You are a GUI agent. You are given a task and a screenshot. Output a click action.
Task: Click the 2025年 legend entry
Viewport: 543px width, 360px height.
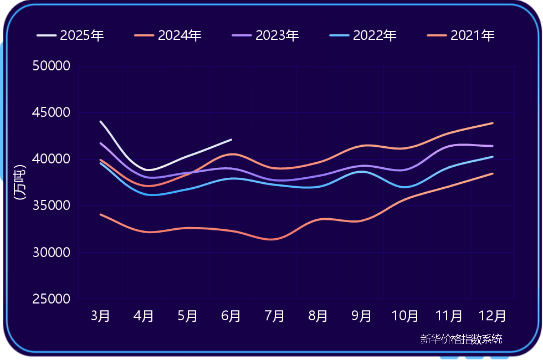(71, 36)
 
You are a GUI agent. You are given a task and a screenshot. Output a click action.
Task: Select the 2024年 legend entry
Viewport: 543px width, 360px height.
(168, 36)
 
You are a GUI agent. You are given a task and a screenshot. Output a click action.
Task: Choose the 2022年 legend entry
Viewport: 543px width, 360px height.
(363, 36)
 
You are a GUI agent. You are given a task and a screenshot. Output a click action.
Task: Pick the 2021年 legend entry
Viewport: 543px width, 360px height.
(461, 36)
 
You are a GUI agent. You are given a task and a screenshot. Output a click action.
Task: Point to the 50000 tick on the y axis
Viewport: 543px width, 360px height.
(52, 66)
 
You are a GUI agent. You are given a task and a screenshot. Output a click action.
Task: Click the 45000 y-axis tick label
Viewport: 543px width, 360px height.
(52, 113)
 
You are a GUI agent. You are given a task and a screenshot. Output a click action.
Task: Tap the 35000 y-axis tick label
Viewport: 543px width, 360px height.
(52, 206)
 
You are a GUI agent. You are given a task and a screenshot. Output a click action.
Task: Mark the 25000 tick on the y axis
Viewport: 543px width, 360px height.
(52, 299)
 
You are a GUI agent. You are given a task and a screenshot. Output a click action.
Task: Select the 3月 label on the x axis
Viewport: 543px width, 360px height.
(100, 316)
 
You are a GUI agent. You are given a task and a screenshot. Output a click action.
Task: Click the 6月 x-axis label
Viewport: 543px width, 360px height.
(231, 316)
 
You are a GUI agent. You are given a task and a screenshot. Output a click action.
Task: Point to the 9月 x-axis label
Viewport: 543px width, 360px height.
(362, 316)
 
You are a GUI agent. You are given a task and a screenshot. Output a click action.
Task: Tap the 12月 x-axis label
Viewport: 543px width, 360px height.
(493, 316)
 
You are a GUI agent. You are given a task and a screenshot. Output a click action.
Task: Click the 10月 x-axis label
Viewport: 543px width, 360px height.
(405, 316)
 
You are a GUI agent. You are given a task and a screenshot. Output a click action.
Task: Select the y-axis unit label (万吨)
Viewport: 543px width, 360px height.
(20, 183)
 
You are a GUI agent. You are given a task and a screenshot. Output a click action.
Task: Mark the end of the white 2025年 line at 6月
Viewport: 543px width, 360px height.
(231, 140)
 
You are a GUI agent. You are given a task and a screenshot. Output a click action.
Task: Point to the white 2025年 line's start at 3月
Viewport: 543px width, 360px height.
(100, 121)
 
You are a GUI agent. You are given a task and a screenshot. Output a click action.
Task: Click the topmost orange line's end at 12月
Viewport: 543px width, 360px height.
(493, 123)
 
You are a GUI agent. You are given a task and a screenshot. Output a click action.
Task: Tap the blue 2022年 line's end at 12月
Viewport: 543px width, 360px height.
(493, 157)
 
